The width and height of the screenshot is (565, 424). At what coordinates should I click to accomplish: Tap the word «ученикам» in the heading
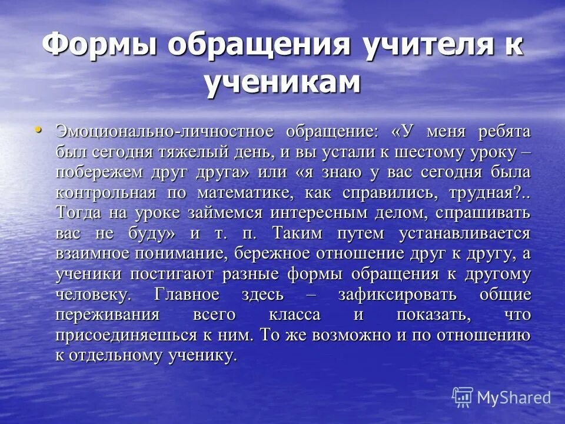tap(282, 82)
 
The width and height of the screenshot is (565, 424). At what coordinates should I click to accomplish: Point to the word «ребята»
tap(500, 132)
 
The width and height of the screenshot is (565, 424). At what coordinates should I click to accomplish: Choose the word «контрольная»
tap(106, 193)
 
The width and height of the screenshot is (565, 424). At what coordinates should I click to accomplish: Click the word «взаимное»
tap(94, 254)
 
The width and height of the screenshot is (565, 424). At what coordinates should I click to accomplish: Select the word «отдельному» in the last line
tap(118, 356)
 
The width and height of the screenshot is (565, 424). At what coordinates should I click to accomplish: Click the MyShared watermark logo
tap(501, 397)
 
